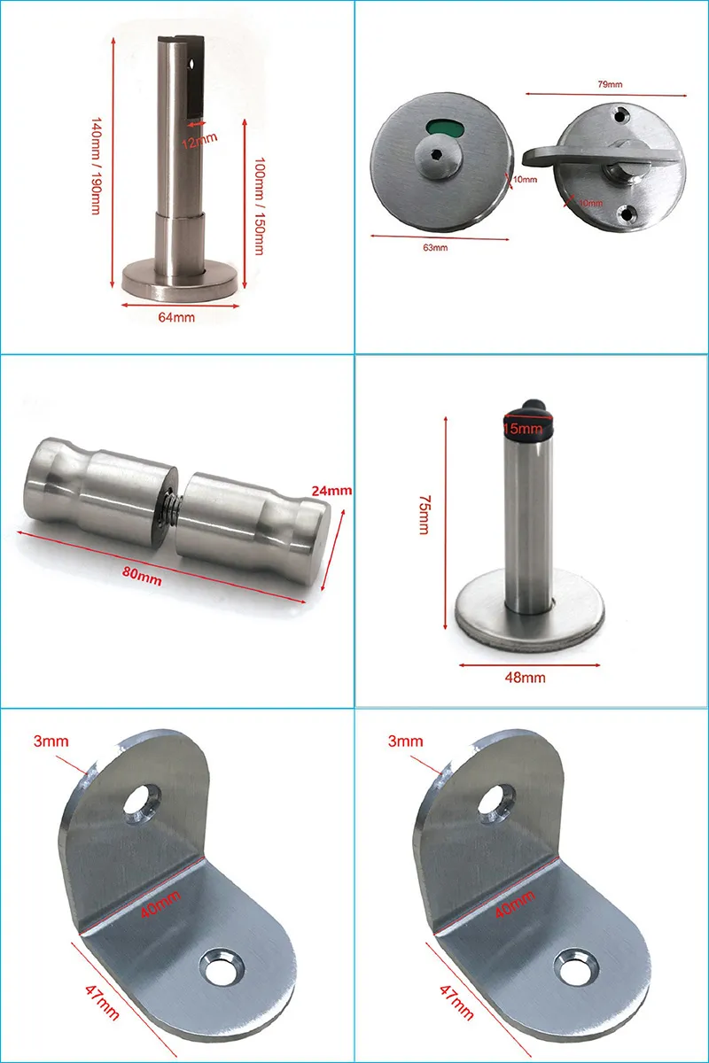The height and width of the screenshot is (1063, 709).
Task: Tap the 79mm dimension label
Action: pyautogui.click(x=611, y=84)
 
